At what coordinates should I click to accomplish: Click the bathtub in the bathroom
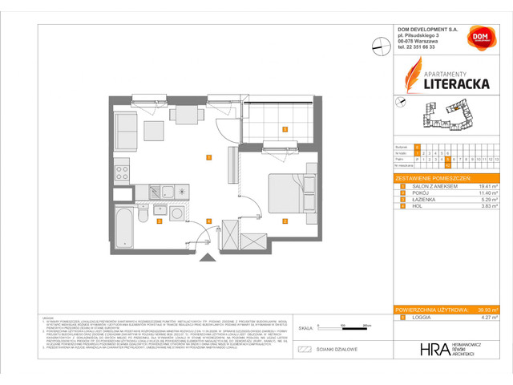[124, 227]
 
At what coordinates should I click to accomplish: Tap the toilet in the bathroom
[141, 215]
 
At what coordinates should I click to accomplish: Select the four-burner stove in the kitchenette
[123, 170]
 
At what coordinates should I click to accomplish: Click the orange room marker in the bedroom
[285, 221]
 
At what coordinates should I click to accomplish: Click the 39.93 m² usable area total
[486, 310]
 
